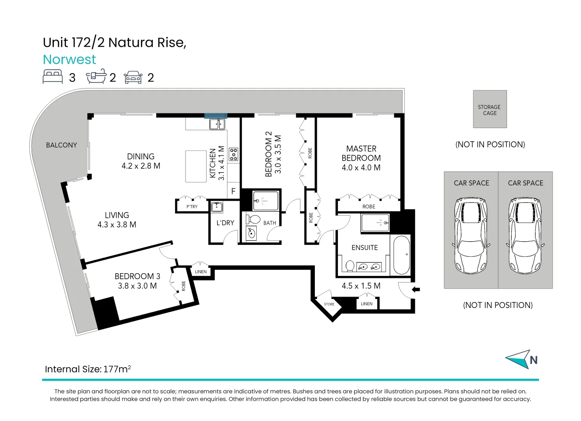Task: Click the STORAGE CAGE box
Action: (490, 109)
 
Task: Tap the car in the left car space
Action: (471, 236)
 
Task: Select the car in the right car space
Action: (525, 236)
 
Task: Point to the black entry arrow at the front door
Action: (416, 289)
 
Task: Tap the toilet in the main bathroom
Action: (254, 219)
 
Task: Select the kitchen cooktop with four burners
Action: (233, 154)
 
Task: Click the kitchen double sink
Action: (217, 124)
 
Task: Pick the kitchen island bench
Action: (196, 166)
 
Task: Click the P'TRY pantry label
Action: (192, 207)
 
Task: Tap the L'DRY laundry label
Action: (225, 223)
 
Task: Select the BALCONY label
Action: (62, 145)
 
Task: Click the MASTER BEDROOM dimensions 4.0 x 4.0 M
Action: (361, 168)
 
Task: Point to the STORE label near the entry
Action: (329, 304)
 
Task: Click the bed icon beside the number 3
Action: (53, 76)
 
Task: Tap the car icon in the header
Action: (133, 77)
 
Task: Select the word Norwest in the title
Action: (69, 59)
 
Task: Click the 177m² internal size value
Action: (117, 369)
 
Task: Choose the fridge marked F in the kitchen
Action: (233, 191)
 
